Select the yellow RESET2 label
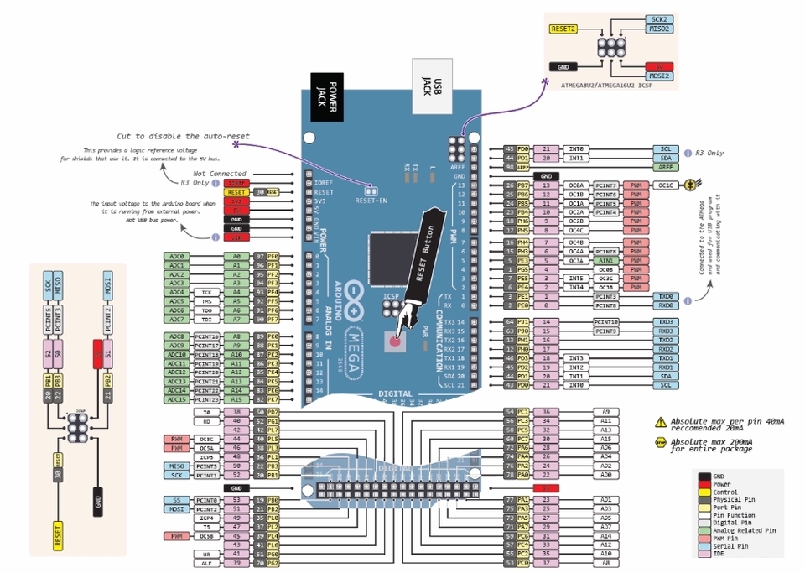563,29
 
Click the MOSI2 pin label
658,76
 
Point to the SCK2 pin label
658,18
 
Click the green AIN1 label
605,260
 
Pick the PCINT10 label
605,322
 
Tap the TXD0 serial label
666,296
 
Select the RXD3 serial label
666,331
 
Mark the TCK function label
205,292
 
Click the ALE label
205,563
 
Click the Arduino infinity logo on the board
352,292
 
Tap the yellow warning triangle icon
661,422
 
